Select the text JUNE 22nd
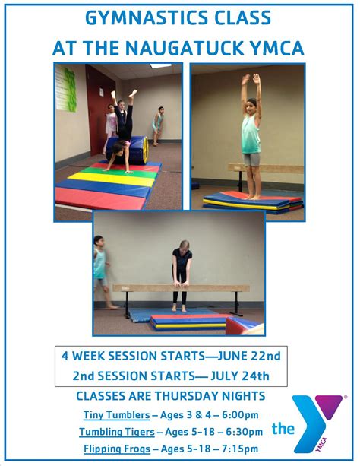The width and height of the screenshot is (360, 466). [x=249, y=356]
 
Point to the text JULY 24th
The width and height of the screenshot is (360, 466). [x=240, y=376]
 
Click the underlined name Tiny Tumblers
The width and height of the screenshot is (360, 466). [x=116, y=414]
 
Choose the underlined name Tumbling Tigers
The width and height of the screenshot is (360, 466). [x=117, y=432]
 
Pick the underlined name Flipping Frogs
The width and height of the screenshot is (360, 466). [x=117, y=449]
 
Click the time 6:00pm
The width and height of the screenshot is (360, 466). [x=240, y=414]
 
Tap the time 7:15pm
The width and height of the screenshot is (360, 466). [x=240, y=449]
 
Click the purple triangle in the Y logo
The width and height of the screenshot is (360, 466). [x=329, y=406]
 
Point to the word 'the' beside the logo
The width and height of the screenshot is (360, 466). [x=283, y=429]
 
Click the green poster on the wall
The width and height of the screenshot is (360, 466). [x=66, y=88]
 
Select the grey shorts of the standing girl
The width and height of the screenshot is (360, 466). [x=251, y=160]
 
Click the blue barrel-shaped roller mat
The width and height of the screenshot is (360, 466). [x=129, y=150]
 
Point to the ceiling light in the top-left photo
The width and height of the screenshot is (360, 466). [x=161, y=65]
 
